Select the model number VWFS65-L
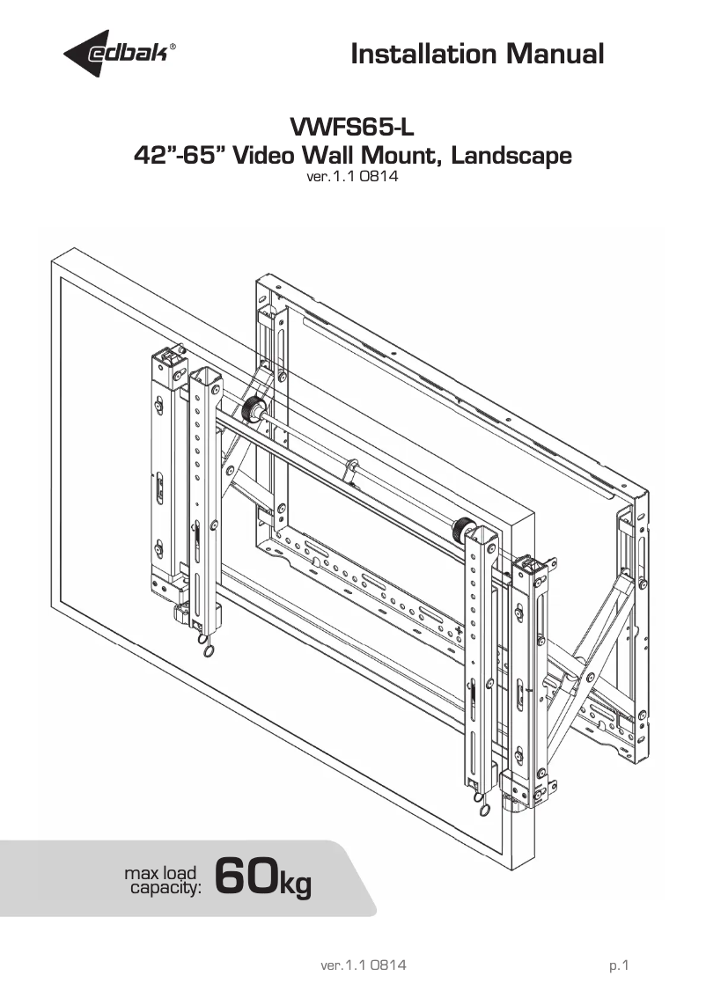pos(351,128)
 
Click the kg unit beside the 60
pos(295,882)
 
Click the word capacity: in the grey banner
pos(165,888)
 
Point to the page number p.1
pos(619,965)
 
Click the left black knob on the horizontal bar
pos(254,410)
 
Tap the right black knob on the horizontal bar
pos(460,531)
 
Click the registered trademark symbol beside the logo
pos(183,48)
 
